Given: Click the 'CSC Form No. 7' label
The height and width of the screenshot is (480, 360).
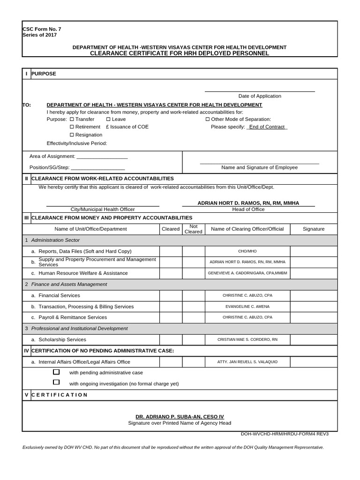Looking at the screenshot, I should [42, 29].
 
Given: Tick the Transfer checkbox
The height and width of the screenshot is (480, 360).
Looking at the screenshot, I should [72, 120].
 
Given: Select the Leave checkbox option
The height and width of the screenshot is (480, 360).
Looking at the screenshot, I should [108, 120].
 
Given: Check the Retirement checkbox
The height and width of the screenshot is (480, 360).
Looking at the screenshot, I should [72, 127].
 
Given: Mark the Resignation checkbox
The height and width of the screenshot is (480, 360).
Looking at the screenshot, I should [72, 135].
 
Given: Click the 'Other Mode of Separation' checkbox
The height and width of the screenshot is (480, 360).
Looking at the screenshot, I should [207, 120].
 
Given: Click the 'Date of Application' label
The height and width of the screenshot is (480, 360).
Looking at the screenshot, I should [260, 96].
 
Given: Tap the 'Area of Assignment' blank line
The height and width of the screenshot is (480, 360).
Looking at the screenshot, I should [102, 157].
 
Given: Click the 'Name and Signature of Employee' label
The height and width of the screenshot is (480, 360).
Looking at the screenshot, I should [259, 167].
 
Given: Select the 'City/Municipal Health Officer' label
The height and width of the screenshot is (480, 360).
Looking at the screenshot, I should [102, 210].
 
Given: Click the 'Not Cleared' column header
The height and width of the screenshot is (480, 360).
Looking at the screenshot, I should [194, 229].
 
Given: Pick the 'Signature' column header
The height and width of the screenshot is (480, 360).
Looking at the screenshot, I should [314, 229].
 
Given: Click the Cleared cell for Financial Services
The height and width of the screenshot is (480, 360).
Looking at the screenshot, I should [171, 296].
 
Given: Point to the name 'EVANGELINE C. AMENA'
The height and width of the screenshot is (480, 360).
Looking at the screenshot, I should [247, 307].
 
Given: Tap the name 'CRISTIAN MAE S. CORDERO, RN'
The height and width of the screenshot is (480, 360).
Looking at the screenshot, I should [247, 340].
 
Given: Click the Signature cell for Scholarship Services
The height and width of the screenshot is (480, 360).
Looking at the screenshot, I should [314, 340].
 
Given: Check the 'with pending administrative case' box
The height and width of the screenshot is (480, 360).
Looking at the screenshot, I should [56, 372].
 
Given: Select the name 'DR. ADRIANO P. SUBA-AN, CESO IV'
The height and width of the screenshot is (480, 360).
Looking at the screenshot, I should [180, 417].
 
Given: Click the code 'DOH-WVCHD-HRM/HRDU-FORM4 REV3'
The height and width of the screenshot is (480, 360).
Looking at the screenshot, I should [285, 434].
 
